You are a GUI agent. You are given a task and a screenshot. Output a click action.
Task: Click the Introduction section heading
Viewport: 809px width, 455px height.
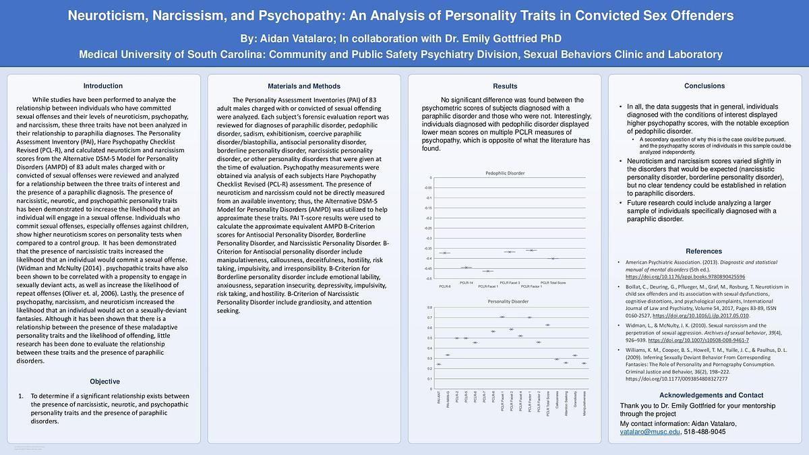pos(102,86)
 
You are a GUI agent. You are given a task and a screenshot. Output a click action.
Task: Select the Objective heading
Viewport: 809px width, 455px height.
pos(104,382)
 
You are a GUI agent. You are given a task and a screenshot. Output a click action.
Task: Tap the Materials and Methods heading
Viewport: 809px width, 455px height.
pos(304,86)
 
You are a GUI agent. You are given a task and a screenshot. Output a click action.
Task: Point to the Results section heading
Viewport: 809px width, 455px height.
pos(505,86)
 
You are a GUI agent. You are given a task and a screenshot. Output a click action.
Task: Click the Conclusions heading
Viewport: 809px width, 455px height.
pos(704,86)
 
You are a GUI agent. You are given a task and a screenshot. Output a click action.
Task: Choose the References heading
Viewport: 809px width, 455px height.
pos(704,251)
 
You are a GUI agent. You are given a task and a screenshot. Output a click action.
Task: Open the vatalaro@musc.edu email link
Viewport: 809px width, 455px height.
pos(650,431)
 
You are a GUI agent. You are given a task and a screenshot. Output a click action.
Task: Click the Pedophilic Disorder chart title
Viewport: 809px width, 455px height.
pos(505,173)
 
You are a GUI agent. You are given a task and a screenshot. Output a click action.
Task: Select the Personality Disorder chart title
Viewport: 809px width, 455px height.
pos(508,301)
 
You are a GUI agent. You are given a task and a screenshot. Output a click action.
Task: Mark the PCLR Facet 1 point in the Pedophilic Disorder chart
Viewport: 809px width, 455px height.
pos(488,271)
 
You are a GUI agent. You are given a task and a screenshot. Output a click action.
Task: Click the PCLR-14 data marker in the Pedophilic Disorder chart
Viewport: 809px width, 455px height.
pos(467,268)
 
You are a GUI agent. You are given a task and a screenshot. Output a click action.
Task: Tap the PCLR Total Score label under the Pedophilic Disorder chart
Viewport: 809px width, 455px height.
pos(553,282)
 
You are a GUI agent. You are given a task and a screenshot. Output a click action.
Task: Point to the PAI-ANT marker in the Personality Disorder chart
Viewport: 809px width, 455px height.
pos(439,364)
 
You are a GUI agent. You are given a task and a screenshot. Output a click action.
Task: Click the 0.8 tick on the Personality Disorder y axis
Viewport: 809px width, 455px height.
pos(430,307)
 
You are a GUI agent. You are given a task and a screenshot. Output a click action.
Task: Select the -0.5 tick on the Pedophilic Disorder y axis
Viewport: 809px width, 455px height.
pos(429,278)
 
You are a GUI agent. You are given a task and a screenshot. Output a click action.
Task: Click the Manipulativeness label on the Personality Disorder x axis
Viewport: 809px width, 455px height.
pos(584,404)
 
